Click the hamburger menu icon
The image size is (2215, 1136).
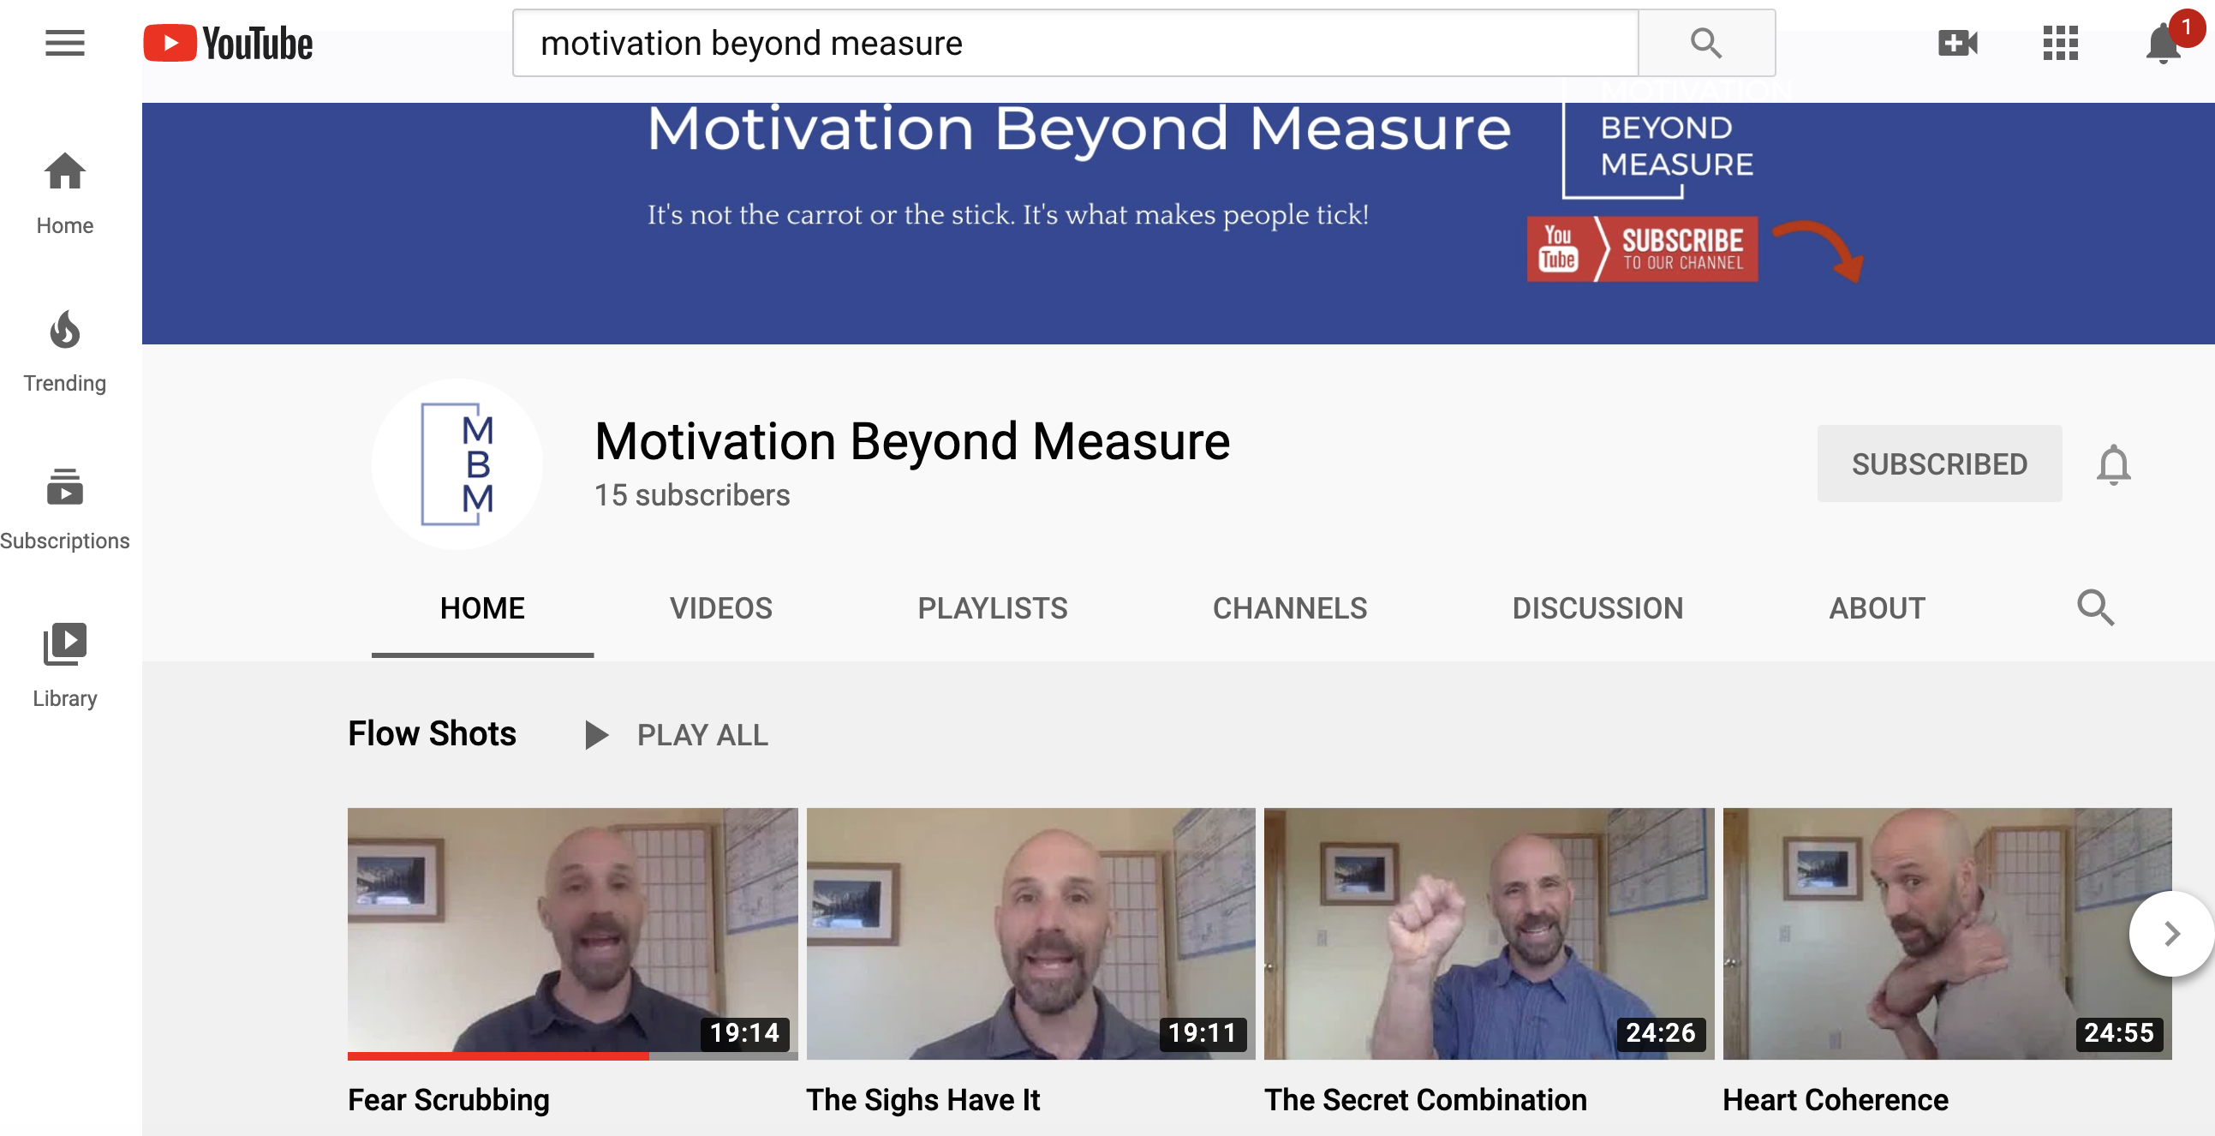pos(64,43)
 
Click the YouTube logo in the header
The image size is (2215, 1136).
pos(228,44)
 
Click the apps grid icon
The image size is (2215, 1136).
pos(2060,43)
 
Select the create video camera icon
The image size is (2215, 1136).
pos(1958,43)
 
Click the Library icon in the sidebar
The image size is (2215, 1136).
pos(64,644)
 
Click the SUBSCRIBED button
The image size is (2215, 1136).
pos(1939,464)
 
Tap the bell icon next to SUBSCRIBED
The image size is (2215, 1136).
pos(2113,465)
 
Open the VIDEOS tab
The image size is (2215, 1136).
pos(720,609)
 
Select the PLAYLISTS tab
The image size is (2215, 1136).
pos(992,609)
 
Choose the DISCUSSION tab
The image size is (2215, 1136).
pos(1597,609)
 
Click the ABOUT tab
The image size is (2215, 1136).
pos(1877,609)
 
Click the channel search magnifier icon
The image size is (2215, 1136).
pos(2094,608)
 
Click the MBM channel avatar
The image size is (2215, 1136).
pos(457,464)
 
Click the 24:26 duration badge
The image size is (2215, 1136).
pos(1660,1033)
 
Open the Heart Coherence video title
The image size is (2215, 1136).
pos(1835,1101)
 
